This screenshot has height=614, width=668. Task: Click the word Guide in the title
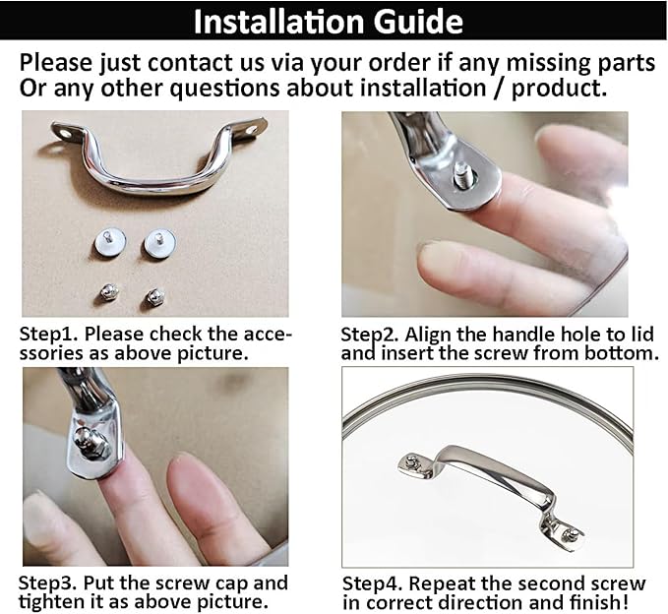pyautogui.click(x=418, y=22)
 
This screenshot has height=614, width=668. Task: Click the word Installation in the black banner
pyautogui.click(x=278, y=22)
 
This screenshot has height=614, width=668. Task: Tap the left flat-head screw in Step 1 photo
pyautogui.click(x=110, y=243)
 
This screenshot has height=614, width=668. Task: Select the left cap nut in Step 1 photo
pyautogui.click(x=108, y=292)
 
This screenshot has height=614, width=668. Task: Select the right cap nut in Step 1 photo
pyautogui.click(x=154, y=296)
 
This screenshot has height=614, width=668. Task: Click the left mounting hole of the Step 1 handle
pyautogui.click(x=66, y=135)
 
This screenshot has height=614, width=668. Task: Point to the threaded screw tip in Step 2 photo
pyautogui.click(x=463, y=175)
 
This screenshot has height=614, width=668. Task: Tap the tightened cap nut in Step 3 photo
pyautogui.click(x=88, y=442)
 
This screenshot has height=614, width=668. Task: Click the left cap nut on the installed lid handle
pyautogui.click(x=411, y=461)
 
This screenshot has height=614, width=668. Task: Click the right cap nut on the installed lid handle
pyautogui.click(x=570, y=534)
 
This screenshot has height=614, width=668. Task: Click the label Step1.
pyautogui.click(x=48, y=334)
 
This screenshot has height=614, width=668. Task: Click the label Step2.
pyautogui.click(x=370, y=335)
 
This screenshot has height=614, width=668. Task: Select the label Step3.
pyautogui.click(x=47, y=583)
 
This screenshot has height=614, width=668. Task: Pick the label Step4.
pyautogui.click(x=372, y=583)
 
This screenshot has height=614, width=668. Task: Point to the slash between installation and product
pyautogui.click(x=499, y=89)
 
